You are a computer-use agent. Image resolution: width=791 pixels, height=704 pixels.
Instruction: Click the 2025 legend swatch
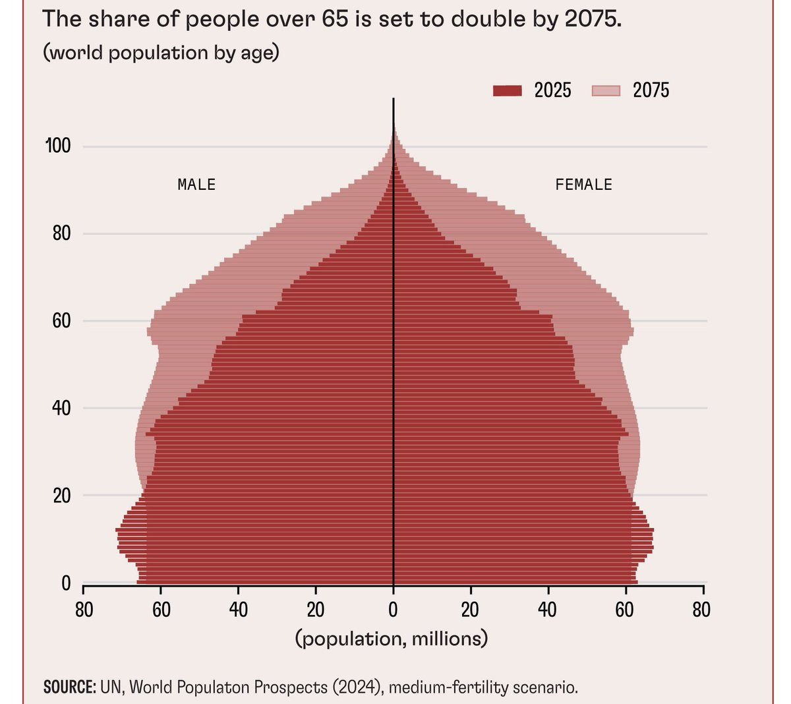508,90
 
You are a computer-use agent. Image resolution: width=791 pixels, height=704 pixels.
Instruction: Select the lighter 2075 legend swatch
606,90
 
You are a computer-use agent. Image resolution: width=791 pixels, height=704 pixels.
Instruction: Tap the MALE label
196,185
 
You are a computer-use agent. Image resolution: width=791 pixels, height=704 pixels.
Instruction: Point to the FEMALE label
583,185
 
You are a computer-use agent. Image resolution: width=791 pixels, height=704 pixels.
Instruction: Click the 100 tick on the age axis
58,146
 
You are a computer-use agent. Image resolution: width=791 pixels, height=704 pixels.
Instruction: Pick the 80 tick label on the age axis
62,233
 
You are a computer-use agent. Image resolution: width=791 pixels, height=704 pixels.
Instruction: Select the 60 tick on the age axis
62,321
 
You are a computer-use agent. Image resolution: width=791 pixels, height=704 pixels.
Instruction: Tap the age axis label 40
62,408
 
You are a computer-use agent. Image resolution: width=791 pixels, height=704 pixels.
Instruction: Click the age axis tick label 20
62,496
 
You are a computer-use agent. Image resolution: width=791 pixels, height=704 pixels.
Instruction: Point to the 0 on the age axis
66,583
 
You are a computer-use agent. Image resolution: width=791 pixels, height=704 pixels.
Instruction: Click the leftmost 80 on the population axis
84,610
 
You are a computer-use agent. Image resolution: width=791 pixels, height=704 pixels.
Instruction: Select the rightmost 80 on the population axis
702,610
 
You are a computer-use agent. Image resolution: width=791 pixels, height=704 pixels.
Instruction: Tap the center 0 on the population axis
393,610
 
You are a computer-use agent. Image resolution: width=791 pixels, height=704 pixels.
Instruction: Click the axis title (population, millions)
392,639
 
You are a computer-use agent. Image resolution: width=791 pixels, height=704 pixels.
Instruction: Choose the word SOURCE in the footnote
69,688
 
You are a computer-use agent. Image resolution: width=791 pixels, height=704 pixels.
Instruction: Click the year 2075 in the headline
593,18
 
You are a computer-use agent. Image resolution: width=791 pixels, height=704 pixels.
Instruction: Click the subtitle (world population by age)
161,52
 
